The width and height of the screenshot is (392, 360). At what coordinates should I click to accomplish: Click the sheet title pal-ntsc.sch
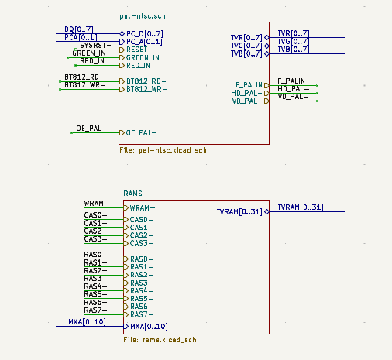(x=143, y=15)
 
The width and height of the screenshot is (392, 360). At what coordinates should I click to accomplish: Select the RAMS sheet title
(x=132, y=192)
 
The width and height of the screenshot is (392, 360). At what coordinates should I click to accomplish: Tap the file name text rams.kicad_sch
(x=160, y=339)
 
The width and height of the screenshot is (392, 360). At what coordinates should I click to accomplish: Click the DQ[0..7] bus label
(x=78, y=29)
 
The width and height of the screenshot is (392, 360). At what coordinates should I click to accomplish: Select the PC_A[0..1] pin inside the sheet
(x=145, y=42)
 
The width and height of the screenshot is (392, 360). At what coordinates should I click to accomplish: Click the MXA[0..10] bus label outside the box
(x=86, y=321)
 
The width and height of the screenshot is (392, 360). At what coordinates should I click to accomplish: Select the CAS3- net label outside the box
(x=95, y=239)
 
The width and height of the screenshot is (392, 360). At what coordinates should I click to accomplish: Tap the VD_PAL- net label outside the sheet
(x=293, y=97)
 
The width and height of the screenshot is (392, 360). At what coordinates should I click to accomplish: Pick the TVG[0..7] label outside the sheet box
(x=293, y=42)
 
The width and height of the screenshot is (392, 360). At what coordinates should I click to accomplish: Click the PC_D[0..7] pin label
(x=145, y=34)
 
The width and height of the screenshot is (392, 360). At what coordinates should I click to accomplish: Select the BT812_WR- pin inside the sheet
(x=146, y=90)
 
